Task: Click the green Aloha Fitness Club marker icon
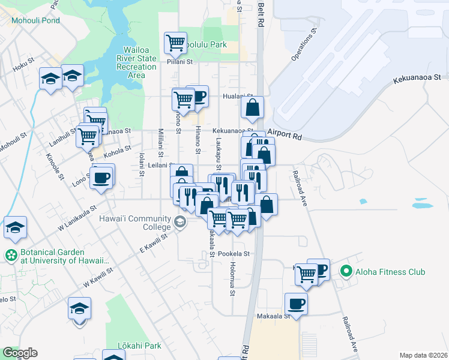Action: click(x=345, y=272)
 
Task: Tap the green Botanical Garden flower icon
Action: click(x=11, y=256)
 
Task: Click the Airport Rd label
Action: click(x=284, y=134)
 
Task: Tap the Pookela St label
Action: click(x=234, y=254)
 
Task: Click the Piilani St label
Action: click(x=179, y=61)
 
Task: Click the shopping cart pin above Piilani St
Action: click(x=175, y=43)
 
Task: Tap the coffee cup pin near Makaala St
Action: click(x=295, y=303)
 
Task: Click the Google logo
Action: click(x=19, y=353)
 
